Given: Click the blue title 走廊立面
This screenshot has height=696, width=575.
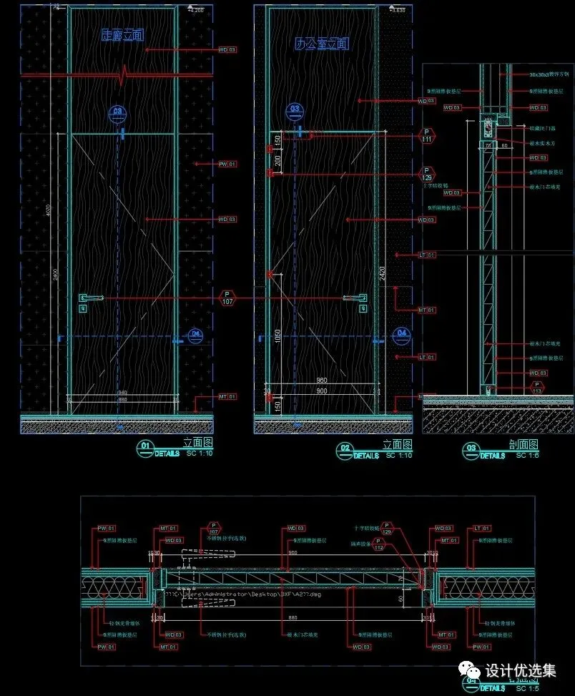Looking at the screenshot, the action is coord(122,34).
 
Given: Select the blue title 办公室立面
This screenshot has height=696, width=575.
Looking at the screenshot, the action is coord(322,44).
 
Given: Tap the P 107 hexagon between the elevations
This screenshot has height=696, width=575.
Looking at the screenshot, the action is coord(228,298).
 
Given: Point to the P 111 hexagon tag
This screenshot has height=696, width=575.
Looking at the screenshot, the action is coord(427,136).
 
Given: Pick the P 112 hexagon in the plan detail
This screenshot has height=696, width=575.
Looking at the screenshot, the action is coord(379,546).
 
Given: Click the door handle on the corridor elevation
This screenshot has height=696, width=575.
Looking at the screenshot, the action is coord(89,297).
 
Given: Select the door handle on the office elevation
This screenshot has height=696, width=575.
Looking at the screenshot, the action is coord(355,297).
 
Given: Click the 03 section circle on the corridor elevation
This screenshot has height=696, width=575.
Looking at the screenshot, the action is coord(118,112).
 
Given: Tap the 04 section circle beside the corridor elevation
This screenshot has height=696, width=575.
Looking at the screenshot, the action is coord(195,334).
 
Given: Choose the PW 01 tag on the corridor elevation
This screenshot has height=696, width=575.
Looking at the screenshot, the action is coord(227,165).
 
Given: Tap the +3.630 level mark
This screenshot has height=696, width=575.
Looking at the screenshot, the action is coord(397,10).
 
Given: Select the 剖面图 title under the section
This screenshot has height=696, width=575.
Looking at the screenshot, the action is coord(524,445).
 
